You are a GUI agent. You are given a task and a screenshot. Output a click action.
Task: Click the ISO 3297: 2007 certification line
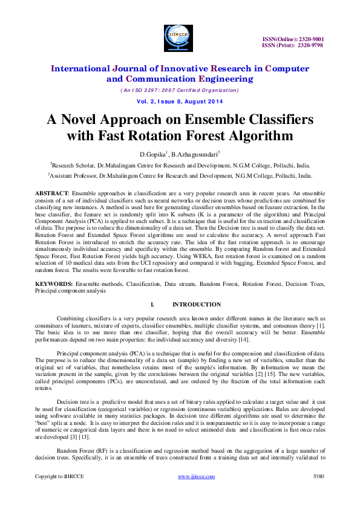tap(180, 90)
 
